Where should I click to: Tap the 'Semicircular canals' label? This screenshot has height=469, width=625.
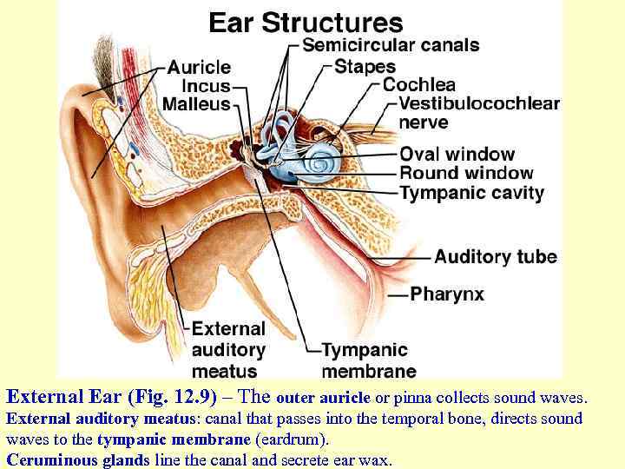(x=391, y=45)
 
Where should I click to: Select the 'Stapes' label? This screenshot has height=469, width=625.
(x=365, y=66)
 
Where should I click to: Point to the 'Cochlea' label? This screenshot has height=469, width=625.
(x=419, y=85)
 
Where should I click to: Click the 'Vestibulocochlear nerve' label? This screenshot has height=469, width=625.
(x=479, y=113)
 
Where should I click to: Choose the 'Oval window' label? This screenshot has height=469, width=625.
(x=457, y=155)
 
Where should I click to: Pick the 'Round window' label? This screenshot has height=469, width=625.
(x=466, y=174)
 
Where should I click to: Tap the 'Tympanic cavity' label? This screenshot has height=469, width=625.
(x=471, y=193)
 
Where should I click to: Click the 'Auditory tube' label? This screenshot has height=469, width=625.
(x=496, y=257)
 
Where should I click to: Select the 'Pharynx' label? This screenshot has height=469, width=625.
(x=447, y=294)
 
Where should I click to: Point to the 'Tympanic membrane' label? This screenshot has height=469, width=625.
(x=365, y=360)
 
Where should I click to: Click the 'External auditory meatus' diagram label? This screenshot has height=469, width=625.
(x=228, y=350)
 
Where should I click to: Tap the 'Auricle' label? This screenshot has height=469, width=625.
(x=199, y=67)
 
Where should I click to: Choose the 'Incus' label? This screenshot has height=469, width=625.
(x=206, y=86)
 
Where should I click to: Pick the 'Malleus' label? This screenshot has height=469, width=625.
(x=196, y=104)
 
